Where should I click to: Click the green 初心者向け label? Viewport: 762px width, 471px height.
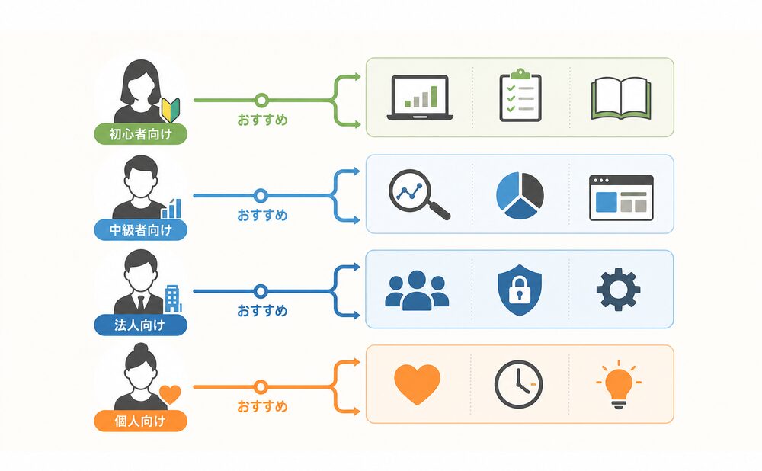point(140,133)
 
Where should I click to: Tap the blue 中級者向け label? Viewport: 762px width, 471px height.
point(140,229)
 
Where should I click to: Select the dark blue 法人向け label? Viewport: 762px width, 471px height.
point(140,325)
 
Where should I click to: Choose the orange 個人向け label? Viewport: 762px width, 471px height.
point(140,421)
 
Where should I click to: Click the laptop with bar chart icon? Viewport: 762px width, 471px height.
point(420,98)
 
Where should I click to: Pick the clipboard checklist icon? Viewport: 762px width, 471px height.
point(520,95)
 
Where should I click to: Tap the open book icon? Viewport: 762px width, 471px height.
point(620,98)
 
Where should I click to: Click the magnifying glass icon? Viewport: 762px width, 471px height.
point(418,194)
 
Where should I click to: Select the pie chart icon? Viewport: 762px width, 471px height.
point(520,195)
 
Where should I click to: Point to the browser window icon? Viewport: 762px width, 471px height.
point(621,198)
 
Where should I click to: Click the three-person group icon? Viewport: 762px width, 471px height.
point(417,290)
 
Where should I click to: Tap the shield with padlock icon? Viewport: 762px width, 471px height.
point(520,290)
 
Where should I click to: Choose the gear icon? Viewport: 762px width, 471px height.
point(618,289)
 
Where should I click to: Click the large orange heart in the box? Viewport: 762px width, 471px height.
point(417,384)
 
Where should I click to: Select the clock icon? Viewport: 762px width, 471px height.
point(518,384)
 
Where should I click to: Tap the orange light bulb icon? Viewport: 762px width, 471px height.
point(619,385)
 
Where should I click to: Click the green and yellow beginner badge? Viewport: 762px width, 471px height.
point(171,111)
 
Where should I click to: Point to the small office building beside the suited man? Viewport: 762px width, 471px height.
point(172,299)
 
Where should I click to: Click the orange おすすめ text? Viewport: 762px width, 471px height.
point(262,406)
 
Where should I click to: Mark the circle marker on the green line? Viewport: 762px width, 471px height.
point(261,100)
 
